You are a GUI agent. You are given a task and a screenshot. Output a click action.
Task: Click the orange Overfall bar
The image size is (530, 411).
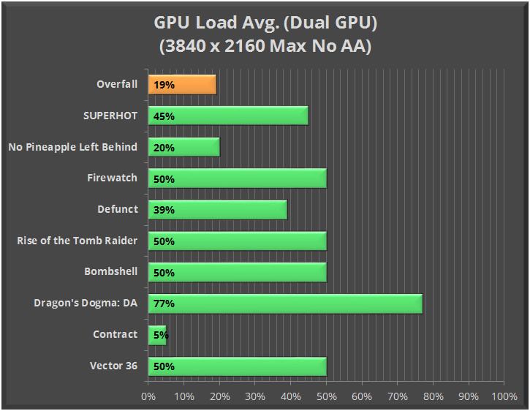pyautogui.click(x=182, y=85)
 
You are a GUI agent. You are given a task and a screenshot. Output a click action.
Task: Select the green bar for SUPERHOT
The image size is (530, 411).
pyautogui.click(x=228, y=116)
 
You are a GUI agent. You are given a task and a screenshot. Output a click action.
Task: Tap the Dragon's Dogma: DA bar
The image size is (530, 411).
pyautogui.click(x=285, y=303)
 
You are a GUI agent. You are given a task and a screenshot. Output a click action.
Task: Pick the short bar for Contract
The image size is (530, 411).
pyautogui.click(x=158, y=334)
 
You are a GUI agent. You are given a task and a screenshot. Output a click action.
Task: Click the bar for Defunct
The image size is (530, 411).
pyautogui.click(x=217, y=210)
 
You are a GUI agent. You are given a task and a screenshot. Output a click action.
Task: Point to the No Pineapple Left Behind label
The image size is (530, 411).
pyautogui.click(x=72, y=147)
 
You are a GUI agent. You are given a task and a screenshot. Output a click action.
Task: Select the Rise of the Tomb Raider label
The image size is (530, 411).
pyautogui.click(x=77, y=241)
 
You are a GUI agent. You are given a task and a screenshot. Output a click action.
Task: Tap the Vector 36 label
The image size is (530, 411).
pyautogui.click(x=113, y=365)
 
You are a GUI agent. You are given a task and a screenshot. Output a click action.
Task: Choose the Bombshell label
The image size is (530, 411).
pyautogui.click(x=110, y=271)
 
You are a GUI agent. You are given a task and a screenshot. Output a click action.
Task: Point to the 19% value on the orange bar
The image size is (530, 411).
pyautogui.click(x=164, y=85)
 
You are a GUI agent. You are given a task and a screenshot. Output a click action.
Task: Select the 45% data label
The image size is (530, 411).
pyautogui.click(x=164, y=116)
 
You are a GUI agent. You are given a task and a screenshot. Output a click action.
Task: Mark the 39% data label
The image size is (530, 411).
pyautogui.click(x=164, y=210)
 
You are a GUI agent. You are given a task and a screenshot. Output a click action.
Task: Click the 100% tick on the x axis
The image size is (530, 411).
pyautogui.click(x=504, y=396)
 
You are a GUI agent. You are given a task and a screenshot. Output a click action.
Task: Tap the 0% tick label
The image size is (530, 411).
pyautogui.click(x=148, y=396)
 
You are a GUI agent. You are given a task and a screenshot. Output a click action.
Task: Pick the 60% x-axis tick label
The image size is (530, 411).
pyautogui.click(x=361, y=396)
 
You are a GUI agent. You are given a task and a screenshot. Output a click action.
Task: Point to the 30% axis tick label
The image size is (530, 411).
pyautogui.click(x=254, y=396)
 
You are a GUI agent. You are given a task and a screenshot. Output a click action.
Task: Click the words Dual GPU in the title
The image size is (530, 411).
pyautogui.click(x=336, y=23)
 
